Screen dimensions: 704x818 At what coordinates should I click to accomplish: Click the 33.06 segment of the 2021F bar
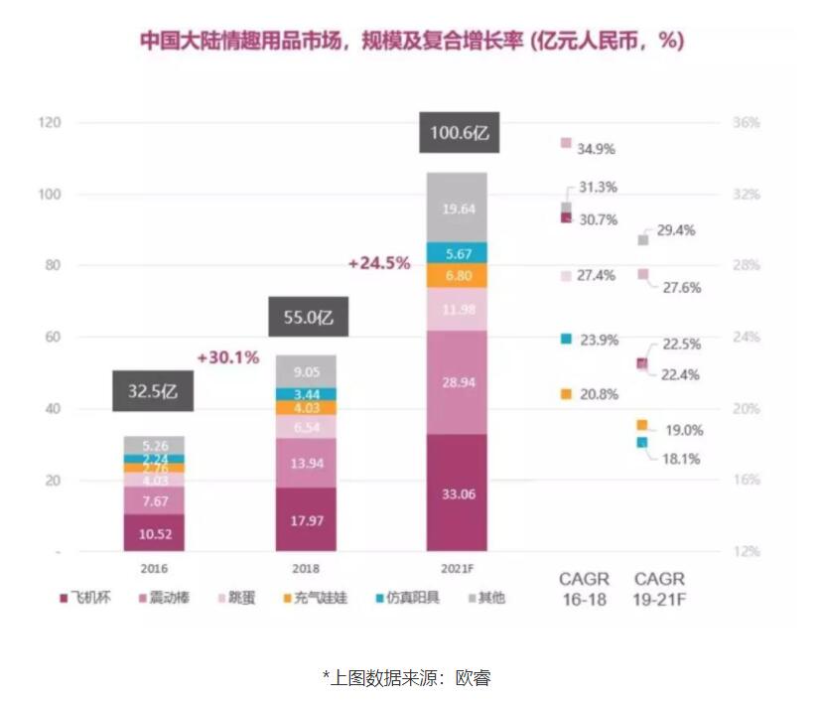point(457,492)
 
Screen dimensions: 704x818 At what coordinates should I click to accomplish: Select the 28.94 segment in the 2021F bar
point(457,382)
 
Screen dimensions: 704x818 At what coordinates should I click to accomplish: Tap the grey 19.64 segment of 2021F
point(457,209)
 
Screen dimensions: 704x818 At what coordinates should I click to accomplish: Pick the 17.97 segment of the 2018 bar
point(306,518)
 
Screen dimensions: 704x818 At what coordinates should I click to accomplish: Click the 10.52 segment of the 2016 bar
point(155,532)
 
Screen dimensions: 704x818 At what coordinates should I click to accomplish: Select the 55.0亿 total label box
point(306,318)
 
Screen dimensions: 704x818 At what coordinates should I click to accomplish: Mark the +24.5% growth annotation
point(379,263)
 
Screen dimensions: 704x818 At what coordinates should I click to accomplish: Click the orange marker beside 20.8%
point(566,394)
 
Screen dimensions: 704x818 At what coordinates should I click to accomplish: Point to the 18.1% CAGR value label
point(681,459)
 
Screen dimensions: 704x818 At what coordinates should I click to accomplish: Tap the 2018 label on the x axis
point(306,569)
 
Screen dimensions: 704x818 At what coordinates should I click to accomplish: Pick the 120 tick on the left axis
point(50,123)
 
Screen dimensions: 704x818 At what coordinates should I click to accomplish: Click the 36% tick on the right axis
point(747,123)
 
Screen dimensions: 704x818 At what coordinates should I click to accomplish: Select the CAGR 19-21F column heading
point(659,588)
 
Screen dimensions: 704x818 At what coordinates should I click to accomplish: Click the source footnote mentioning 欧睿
point(407,677)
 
